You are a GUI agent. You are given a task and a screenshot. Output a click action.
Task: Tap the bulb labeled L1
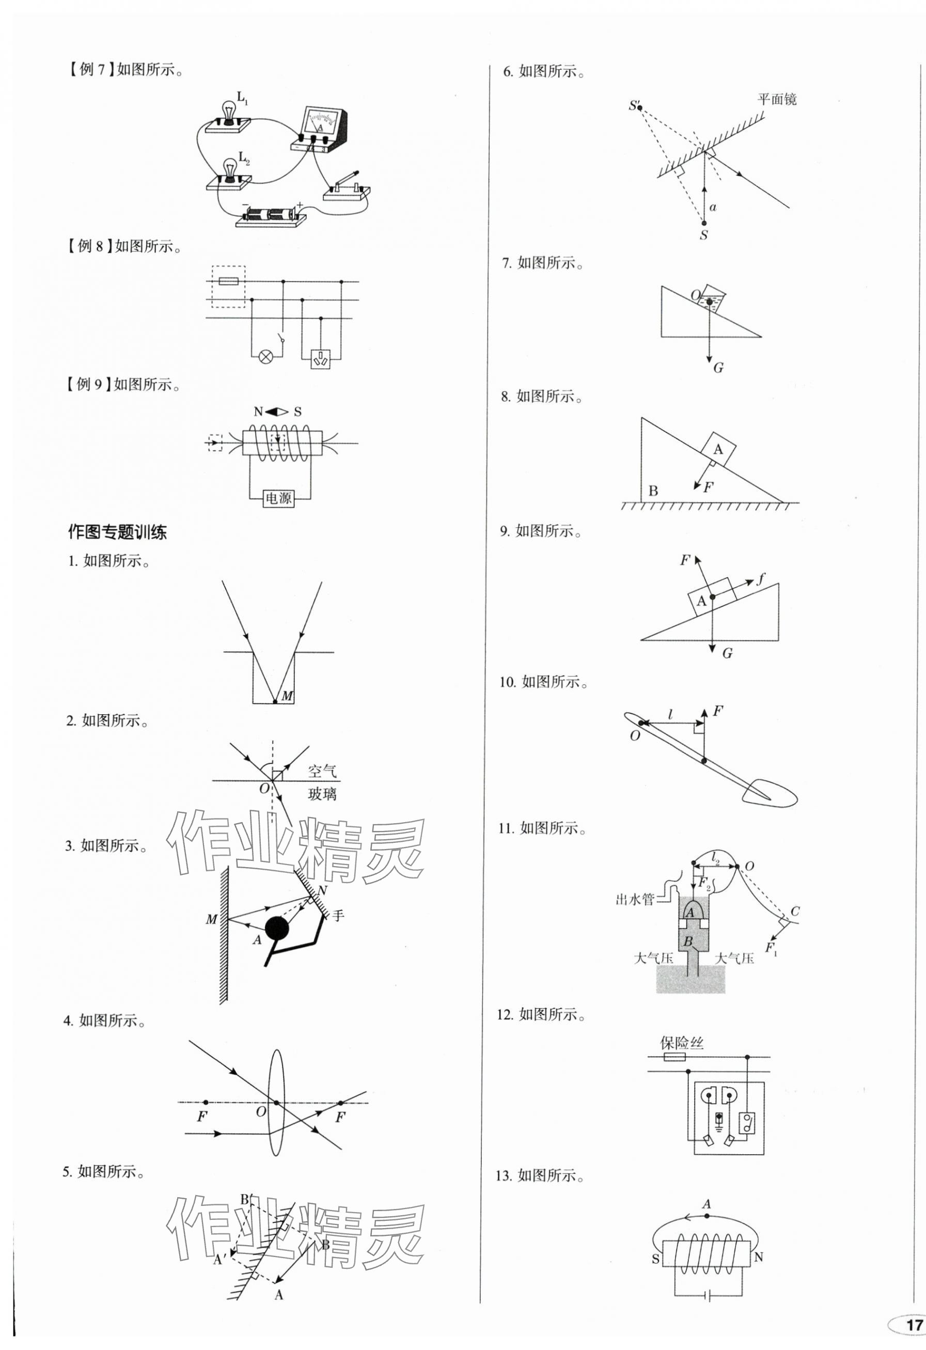coord(229,111)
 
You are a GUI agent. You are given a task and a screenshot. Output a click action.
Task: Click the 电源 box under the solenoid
coord(278,498)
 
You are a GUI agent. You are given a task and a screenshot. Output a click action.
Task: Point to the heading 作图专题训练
coord(117,532)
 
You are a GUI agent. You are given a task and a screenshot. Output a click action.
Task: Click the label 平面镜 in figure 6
coord(777,99)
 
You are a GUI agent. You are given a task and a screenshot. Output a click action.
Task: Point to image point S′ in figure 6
coord(638,106)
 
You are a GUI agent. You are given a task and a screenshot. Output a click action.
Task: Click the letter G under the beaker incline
coord(718,368)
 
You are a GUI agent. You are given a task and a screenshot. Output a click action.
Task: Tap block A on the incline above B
coord(718,450)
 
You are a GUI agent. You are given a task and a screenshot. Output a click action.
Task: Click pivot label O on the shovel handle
coord(635,735)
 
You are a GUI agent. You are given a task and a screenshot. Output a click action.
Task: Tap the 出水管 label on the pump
coord(634,900)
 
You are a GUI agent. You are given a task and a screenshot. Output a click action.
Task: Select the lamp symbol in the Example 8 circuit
coord(266,356)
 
